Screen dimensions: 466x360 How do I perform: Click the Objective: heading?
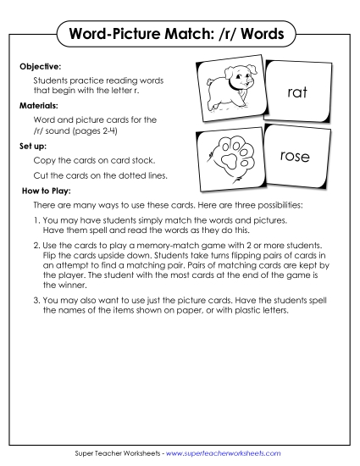[x=40, y=64]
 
